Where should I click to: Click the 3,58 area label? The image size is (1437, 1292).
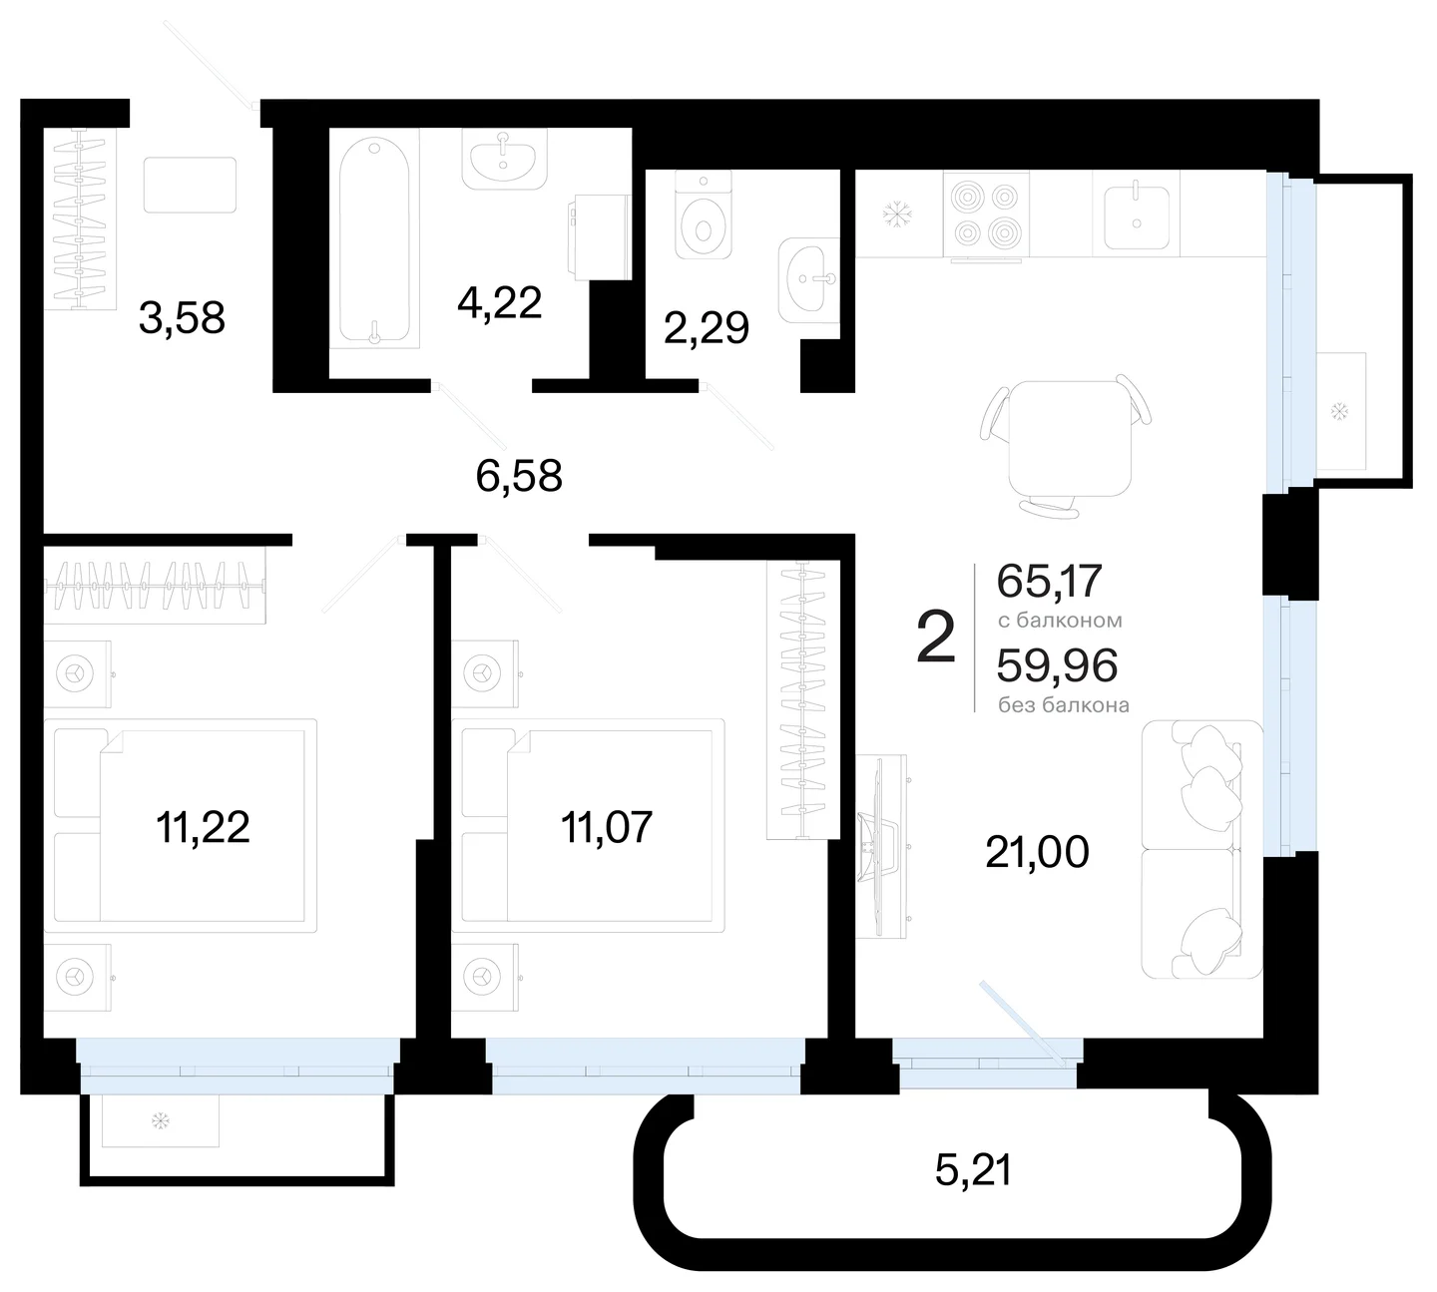pyautogui.click(x=182, y=318)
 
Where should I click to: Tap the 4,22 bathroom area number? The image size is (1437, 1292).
pyautogui.click(x=499, y=302)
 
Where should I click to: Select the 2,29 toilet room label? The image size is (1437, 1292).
pyautogui.click(x=707, y=327)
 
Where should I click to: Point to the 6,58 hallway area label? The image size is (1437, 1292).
pyautogui.click(x=519, y=476)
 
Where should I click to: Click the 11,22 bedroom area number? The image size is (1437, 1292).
pyautogui.click(x=203, y=827)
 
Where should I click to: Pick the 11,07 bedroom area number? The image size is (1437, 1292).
pyautogui.click(x=607, y=827)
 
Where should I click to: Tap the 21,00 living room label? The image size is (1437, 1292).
pyautogui.click(x=1037, y=852)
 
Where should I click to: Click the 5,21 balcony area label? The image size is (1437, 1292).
pyautogui.click(x=974, y=1170)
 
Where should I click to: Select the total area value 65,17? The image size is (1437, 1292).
pyautogui.click(x=1050, y=581)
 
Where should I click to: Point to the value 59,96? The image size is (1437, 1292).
pyautogui.click(x=1058, y=664)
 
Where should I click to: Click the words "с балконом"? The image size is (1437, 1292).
pyautogui.click(x=1060, y=621)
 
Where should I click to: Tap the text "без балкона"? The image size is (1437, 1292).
pyautogui.click(x=1064, y=705)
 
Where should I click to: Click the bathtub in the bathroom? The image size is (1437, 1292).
pyautogui.click(x=374, y=239)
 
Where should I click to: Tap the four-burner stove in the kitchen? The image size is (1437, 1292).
pyautogui.click(x=986, y=214)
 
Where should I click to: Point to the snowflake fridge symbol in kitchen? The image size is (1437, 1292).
pyautogui.click(x=897, y=215)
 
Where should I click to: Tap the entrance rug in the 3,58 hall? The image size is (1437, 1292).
pyautogui.click(x=190, y=185)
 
